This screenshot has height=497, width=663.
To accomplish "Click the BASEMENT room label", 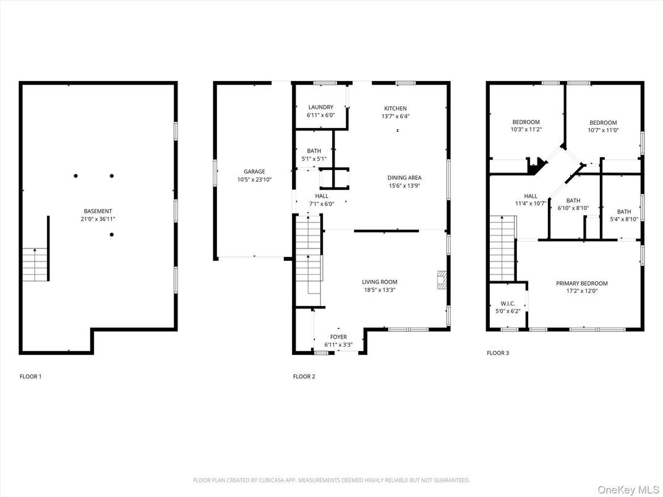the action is [x=98, y=211].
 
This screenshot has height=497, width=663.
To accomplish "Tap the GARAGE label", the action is [x=254, y=172].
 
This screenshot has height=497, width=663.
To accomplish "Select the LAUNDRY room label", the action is [x=320, y=108].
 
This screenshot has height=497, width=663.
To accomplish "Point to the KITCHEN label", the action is [x=395, y=109].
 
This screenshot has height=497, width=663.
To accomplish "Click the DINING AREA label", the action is [x=404, y=178].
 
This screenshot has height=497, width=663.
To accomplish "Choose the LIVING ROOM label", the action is [x=380, y=282].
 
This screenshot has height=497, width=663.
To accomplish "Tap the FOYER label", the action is [x=338, y=337].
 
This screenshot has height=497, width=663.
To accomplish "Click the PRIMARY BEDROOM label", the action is [x=582, y=284].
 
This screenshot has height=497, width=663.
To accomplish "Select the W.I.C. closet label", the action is [x=508, y=304].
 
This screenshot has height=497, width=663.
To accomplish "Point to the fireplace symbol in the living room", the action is [x=442, y=280].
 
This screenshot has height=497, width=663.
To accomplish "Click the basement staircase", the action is [x=35, y=265].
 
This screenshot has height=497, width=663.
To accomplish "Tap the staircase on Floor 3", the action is [x=503, y=248].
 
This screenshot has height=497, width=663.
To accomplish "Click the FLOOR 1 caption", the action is [x=31, y=376].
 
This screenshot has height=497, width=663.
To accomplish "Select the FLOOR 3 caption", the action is [x=498, y=353].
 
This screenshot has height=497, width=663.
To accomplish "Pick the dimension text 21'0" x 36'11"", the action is [x=98, y=219].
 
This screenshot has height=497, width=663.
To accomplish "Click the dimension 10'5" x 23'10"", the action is [x=254, y=180].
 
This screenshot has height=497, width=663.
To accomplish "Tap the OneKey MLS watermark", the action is [x=628, y=490].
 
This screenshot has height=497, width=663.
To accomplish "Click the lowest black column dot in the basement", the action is [x=111, y=234].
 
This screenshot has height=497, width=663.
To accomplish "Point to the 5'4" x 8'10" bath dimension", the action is [x=623, y=219].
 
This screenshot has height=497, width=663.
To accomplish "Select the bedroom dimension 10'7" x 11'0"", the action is [x=603, y=130].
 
